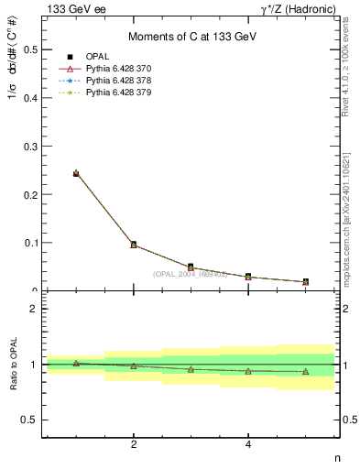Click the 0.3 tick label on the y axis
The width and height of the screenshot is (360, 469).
click(30, 146)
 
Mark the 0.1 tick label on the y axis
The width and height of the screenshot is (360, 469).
click(30, 243)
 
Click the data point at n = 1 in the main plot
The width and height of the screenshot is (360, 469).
click(76, 172)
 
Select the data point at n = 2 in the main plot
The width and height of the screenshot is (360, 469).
click(134, 245)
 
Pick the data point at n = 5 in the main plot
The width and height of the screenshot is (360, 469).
click(305, 281)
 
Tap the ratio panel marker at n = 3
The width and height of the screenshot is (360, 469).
click(191, 369)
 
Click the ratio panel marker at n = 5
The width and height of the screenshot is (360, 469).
click(305, 372)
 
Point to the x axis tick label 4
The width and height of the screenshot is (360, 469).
click(248, 445)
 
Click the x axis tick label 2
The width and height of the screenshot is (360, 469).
click(134, 445)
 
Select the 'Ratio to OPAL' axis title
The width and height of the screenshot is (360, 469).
click(14, 364)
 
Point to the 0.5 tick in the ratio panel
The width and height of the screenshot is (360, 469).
click(30, 420)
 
